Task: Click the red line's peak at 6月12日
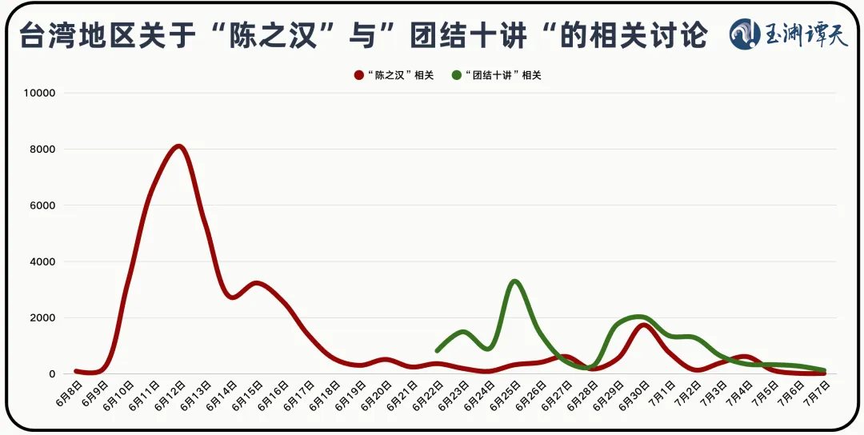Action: point(178,146)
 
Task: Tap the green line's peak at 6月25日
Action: point(514,281)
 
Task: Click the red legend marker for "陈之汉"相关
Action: point(359,75)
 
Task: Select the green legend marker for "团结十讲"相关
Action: point(457,75)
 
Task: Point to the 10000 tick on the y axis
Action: point(39,93)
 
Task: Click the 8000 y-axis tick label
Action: point(42,150)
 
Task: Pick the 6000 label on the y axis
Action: point(42,206)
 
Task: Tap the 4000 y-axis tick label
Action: point(42,261)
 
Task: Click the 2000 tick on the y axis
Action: point(42,318)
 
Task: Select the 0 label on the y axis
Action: point(51,374)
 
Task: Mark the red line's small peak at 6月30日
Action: point(644,325)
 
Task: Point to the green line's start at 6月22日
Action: point(437,350)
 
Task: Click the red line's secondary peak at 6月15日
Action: point(255,283)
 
